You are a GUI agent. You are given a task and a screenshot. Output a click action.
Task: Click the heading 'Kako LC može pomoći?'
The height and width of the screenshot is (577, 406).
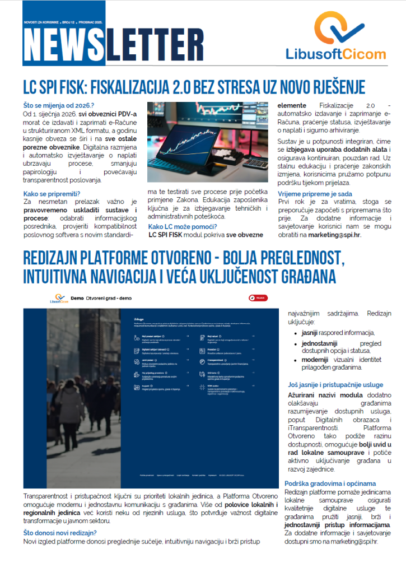click(182, 227)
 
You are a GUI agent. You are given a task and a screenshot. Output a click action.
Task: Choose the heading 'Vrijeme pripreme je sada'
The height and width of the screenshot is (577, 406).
click(314, 193)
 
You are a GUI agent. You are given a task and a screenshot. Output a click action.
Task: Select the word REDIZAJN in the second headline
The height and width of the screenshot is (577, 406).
click(56, 258)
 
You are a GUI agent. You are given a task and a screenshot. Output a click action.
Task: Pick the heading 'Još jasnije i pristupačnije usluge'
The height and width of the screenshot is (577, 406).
click(335, 385)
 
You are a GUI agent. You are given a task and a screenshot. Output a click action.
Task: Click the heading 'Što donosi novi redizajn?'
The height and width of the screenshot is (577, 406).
click(60, 533)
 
